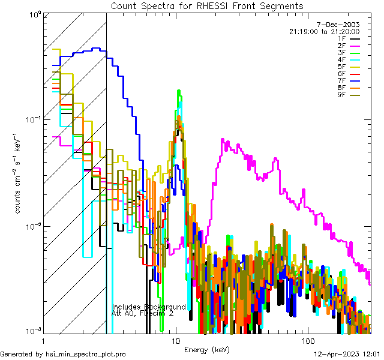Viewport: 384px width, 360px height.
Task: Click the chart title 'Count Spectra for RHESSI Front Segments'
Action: (207, 5)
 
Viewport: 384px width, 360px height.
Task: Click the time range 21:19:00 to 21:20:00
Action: (324, 32)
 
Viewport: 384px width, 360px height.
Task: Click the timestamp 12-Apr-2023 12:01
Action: (347, 354)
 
